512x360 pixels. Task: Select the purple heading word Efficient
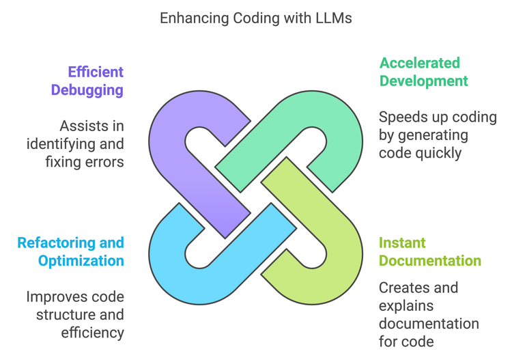click(96, 72)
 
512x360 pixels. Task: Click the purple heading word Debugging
click(87, 89)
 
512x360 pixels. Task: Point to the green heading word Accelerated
click(420, 63)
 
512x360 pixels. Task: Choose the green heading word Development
click(423, 81)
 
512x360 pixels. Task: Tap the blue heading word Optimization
click(81, 260)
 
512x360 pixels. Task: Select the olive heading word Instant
click(402, 243)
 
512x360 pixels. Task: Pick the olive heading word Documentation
click(430, 260)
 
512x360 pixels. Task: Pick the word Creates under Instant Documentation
click(403, 288)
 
